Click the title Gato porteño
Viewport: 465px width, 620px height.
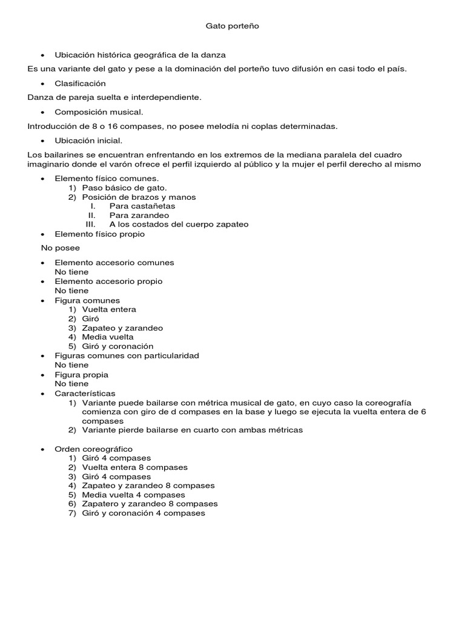point(232,26)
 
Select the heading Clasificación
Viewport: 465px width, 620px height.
point(80,83)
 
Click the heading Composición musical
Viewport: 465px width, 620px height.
point(99,112)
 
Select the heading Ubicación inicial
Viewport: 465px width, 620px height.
point(88,140)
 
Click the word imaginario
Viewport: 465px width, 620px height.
point(49,164)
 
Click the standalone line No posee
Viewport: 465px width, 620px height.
point(60,248)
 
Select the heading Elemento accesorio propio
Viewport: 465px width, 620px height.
point(108,281)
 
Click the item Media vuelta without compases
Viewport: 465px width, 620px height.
point(108,337)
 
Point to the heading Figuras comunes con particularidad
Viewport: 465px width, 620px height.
point(127,355)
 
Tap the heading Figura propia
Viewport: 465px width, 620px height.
point(81,375)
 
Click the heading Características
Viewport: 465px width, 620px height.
point(85,394)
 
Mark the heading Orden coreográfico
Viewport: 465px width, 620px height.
point(93,449)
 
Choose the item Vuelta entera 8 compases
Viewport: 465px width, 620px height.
point(134,467)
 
